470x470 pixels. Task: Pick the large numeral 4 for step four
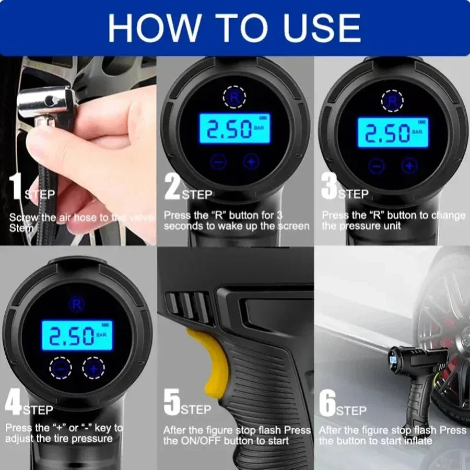coord(13,403)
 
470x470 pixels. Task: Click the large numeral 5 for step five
coord(172,403)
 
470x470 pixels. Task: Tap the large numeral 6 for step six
coord(327,403)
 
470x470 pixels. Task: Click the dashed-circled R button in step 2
coord(233,97)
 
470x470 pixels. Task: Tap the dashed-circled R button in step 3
coord(392,100)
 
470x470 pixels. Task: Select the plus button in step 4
coord(93,368)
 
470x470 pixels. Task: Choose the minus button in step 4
coord(61,368)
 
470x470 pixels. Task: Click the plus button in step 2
coord(252,162)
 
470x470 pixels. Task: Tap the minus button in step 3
coord(377,166)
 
